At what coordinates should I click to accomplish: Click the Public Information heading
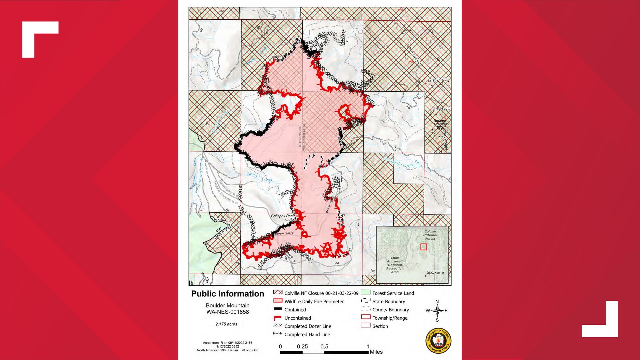(x=227, y=294)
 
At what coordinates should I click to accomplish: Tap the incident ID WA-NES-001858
(x=227, y=312)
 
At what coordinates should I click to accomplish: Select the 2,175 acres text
(x=226, y=324)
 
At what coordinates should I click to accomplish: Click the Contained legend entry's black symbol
(x=278, y=309)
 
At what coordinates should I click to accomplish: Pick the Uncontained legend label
(x=297, y=318)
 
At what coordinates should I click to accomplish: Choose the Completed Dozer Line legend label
(x=308, y=326)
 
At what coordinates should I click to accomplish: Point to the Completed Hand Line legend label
(x=307, y=335)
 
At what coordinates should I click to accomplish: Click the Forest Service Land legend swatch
(x=366, y=293)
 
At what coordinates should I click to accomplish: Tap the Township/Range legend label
(x=390, y=318)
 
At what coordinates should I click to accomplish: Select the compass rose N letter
(x=437, y=302)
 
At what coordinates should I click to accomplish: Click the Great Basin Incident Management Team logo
(x=438, y=341)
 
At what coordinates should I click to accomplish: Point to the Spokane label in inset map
(x=435, y=272)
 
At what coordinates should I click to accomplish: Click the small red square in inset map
(x=423, y=247)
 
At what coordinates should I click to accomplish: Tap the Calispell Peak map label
(x=283, y=216)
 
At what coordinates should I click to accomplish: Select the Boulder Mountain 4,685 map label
(x=440, y=124)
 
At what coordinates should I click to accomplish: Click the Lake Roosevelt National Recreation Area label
(x=395, y=265)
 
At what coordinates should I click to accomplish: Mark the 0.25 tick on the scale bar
(x=302, y=347)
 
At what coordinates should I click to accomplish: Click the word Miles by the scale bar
(x=376, y=352)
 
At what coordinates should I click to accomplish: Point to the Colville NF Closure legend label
(x=321, y=293)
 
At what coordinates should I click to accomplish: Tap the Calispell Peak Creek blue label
(x=403, y=163)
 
